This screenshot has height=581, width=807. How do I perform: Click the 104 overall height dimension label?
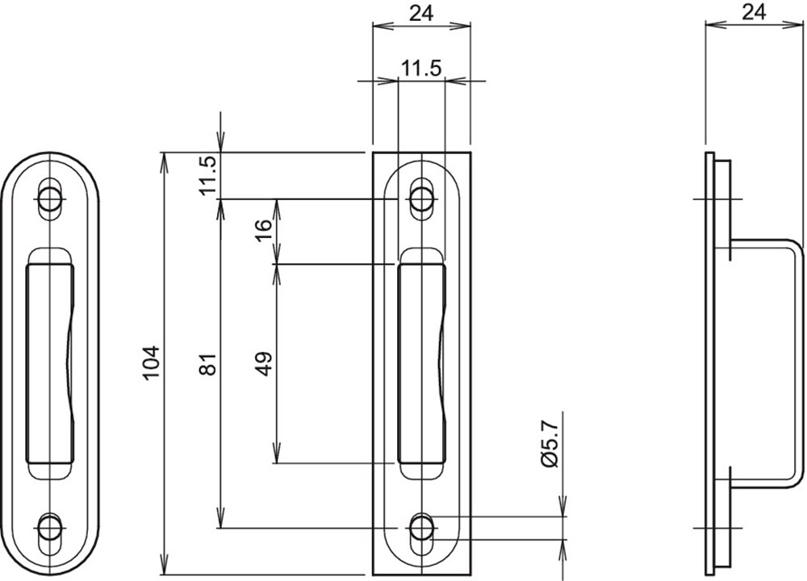click(x=152, y=363)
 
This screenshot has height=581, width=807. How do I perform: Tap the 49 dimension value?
click(x=264, y=364)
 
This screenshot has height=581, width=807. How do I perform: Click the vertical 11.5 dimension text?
click(x=209, y=175)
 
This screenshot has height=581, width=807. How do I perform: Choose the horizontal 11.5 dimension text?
click(x=421, y=69)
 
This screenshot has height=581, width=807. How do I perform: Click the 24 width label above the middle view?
click(x=421, y=15)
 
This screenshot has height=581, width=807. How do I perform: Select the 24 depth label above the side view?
click(x=754, y=12)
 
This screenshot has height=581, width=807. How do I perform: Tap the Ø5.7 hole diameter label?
click(x=550, y=444)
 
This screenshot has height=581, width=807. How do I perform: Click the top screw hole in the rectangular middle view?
click(x=421, y=199)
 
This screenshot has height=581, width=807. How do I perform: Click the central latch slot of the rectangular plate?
click(x=421, y=362)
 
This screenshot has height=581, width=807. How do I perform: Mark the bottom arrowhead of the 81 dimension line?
click(x=220, y=519)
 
